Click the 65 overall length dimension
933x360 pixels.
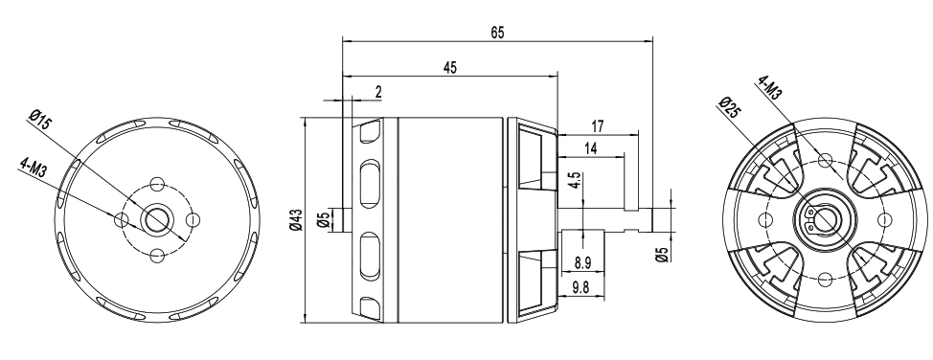[497, 33]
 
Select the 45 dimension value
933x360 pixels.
[450, 68]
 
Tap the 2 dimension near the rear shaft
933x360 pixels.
[378, 92]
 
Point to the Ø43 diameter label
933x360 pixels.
[295, 219]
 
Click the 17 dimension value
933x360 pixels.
[598, 126]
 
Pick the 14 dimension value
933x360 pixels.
[590, 148]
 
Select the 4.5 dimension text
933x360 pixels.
[574, 180]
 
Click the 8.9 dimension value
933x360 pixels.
[582, 262]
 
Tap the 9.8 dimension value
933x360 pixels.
[580, 288]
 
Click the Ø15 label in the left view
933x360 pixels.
[40, 121]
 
